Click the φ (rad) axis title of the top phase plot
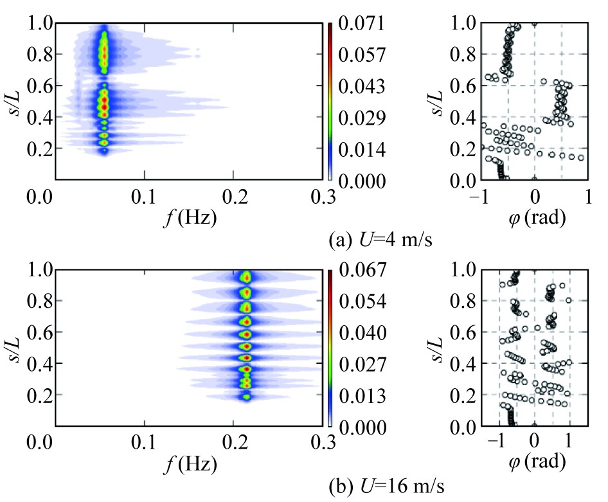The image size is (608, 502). tap(535, 219)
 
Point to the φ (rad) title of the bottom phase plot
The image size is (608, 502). tap(535, 464)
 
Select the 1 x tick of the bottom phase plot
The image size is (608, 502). tap(569, 443)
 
